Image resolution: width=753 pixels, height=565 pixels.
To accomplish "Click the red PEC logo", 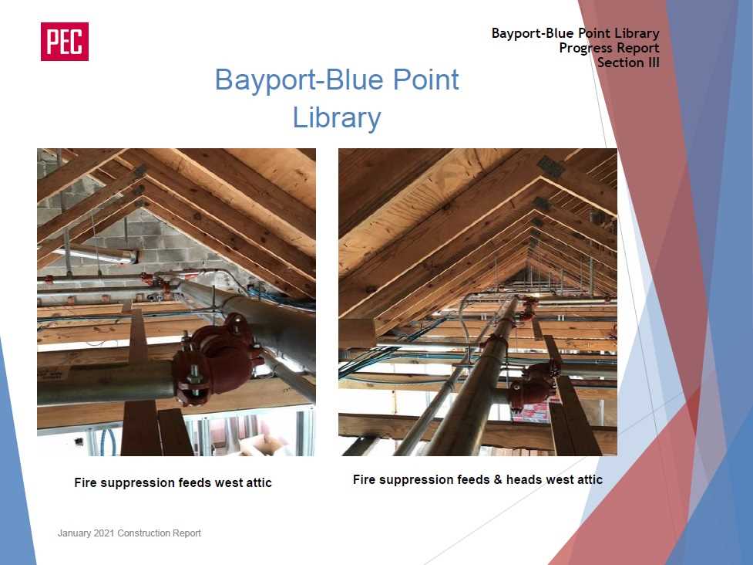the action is [64, 42].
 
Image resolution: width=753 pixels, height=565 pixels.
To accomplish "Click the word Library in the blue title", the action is [337, 117].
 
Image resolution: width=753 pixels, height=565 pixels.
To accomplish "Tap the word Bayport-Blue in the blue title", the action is [298, 80].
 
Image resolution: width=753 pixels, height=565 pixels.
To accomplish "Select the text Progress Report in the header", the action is [609, 48].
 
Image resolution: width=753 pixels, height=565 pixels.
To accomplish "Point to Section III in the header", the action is [628, 63].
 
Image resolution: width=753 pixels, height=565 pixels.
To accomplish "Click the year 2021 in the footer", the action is [104, 533].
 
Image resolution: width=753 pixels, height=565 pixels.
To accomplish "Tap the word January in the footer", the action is [74, 533].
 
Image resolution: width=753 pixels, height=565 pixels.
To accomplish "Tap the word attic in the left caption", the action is [259, 482].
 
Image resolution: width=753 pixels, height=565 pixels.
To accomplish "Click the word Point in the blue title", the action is [426, 80].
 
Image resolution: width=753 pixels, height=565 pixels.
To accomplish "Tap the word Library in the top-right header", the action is [637, 33].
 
